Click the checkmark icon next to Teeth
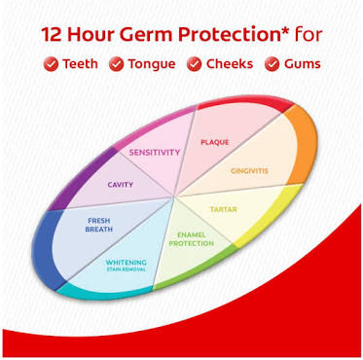click(x=51, y=64)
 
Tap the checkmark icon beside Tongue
click(x=116, y=64)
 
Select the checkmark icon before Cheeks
click(x=194, y=64)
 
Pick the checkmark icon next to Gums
click(x=272, y=64)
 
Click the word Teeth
click(x=80, y=64)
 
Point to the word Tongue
click(x=152, y=64)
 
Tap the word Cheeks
click(x=230, y=63)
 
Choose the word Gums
click(x=303, y=64)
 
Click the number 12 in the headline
click(x=52, y=35)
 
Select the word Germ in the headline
click(x=142, y=35)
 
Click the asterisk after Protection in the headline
click(x=286, y=31)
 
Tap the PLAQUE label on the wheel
click(x=215, y=142)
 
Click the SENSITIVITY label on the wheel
click(x=155, y=152)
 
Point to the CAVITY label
click(x=121, y=185)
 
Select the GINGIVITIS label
click(x=249, y=170)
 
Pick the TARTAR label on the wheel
click(x=224, y=209)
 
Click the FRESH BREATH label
click(x=99, y=225)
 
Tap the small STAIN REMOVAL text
click(x=127, y=270)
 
